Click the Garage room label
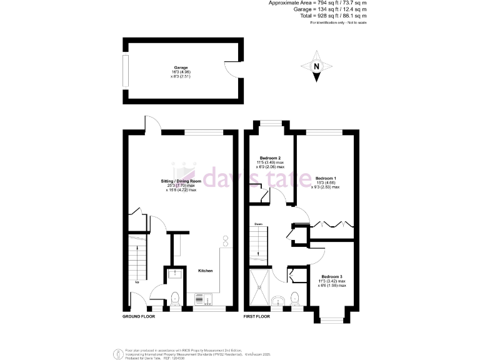pos(181,67)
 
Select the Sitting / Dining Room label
pos(181,181)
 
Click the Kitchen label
pos(206,271)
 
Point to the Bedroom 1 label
pos(326,177)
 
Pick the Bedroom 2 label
pos(270,157)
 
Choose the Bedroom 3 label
pos(332,276)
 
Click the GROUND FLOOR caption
pos(139,317)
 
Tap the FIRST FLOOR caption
pos(256,317)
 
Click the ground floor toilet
pos(175,297)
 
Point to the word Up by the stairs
pos(137,281)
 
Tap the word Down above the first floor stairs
pos(258,224)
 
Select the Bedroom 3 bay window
pos(332,319)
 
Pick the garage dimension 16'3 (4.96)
pos(181,72)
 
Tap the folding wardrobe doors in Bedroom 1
pos(334,223)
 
